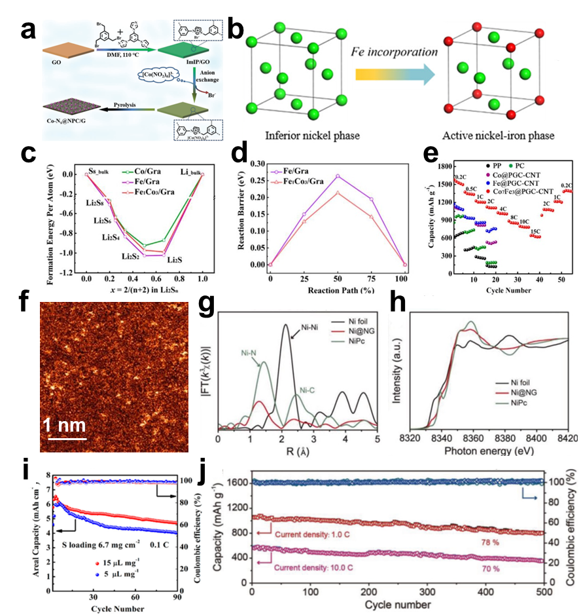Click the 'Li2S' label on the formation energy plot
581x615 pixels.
point(175,260)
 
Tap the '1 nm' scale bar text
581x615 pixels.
point(64,425)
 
